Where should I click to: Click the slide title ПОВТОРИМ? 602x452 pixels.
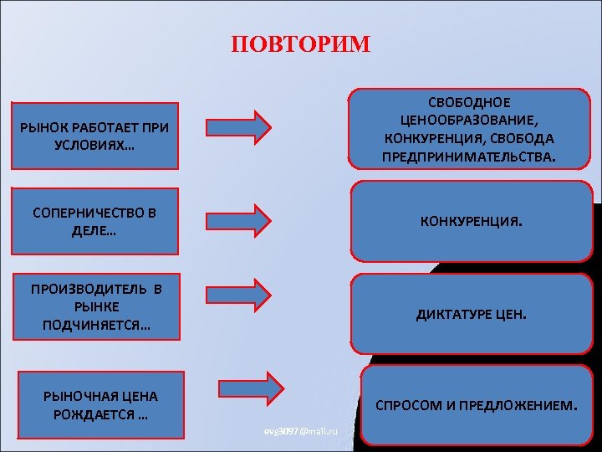pyautogui.click(x=300, y=44)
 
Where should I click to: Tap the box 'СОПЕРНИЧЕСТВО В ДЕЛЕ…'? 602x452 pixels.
pyautogui.click(x=94, y=221)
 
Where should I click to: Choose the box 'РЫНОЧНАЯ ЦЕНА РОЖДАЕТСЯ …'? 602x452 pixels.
pyautogui.click(x=100, y=406)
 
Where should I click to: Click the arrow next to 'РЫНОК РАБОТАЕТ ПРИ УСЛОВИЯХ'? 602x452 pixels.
pyautogui.click(x=238, y=126)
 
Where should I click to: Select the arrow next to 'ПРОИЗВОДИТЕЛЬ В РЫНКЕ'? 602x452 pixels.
pyautogui.click(x=238, y=294)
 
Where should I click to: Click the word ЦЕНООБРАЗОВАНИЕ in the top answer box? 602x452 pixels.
pyautogui.click(x=469, y=120)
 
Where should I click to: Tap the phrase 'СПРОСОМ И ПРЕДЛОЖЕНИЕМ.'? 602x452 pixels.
pyautogui.click(x=476, y=406)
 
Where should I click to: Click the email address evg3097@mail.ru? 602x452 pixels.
pyautogui.click(x=299, y=430)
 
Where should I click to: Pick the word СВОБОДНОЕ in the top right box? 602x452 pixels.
pyautogui.click(x=469, y=102)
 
